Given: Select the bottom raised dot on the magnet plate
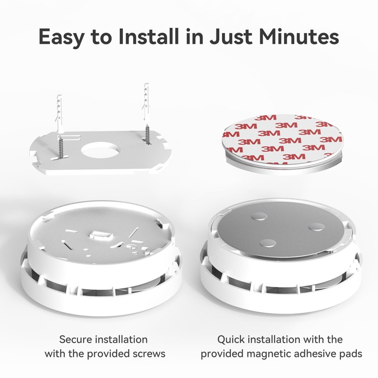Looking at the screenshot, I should [268, 243].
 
